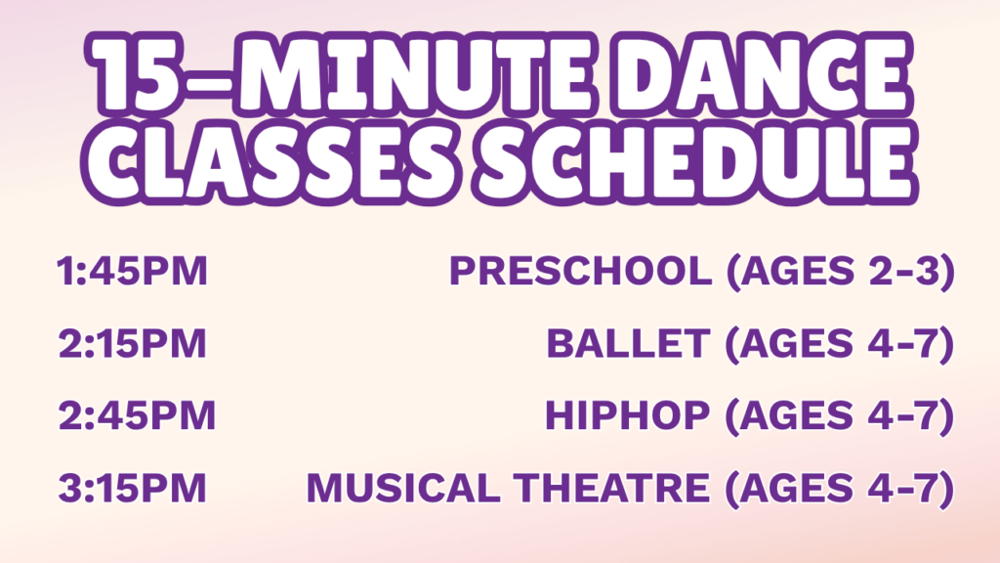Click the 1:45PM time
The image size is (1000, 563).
click(x=132, y=271)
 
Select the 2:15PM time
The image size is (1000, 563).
click(x=132, y=343)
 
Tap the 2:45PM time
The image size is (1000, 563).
click(x=137, y=415)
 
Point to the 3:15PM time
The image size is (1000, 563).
click(x=132, y=489)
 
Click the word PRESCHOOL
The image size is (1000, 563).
click(x=580, y=271)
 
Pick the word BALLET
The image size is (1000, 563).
click(x=628, y=343)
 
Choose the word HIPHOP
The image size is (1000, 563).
click(x=628, y=415)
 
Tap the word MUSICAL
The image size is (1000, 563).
click(x=403, y=489)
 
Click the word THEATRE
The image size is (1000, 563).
click(x=612, y=489)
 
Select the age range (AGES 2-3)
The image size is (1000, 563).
click(x=841, y=272)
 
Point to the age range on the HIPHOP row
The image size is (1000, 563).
click(x=840, y=416)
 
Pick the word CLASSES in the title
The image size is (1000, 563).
click(x=271, y=161)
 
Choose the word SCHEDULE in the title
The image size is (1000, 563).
click(x=695, y=161)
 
